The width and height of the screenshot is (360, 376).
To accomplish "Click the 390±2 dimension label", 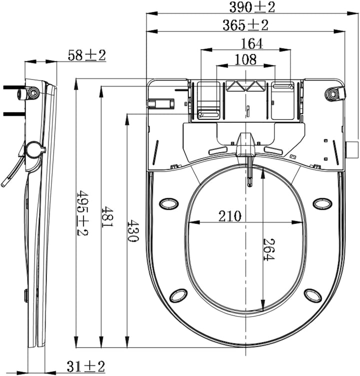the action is click(252, 7).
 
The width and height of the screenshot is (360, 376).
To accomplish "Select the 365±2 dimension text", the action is click(245, 25).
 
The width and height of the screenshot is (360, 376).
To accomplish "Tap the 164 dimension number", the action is click(252, 44).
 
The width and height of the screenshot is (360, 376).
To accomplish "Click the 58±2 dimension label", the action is click(87, 55).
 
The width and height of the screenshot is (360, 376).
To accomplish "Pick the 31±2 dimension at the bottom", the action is click(86, 366).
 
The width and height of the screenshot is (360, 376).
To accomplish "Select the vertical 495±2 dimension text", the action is click(82, 212).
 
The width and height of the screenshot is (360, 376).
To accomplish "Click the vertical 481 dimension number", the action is click(107, 217).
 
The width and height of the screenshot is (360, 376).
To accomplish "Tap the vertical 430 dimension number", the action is click(132, 231).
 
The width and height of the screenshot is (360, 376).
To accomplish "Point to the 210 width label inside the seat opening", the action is click(229, 216).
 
